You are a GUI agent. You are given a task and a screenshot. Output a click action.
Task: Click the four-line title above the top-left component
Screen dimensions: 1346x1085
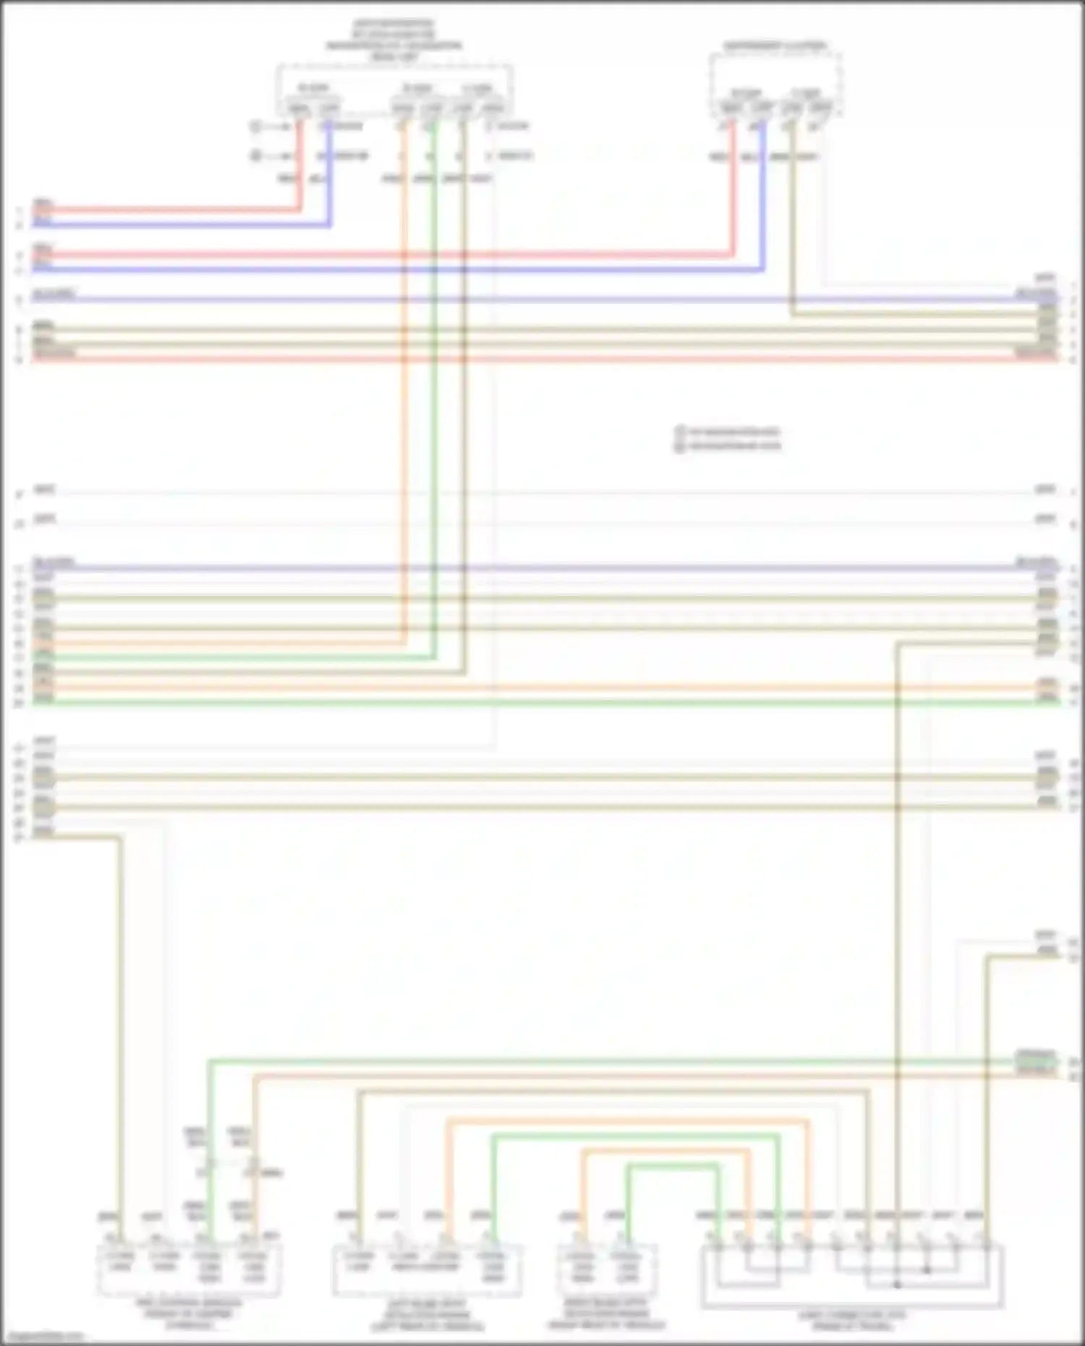click(x=394, y=40)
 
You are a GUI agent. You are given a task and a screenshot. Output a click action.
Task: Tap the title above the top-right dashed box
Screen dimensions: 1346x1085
click(x=775, y=46)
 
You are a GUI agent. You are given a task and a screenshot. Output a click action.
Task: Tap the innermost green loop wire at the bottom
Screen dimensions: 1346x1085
click(x=673, y=1166)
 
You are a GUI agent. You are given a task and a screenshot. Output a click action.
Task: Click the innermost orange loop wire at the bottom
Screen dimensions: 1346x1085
click(x=665, y=1151)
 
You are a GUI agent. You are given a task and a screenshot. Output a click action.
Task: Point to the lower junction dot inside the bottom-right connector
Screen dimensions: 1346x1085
click(x=897, y=1285)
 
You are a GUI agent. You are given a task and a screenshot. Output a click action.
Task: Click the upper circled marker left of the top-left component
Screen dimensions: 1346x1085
click(x=255, y=127)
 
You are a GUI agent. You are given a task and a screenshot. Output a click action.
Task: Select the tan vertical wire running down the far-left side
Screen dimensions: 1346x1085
click(x=119, y=1013)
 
